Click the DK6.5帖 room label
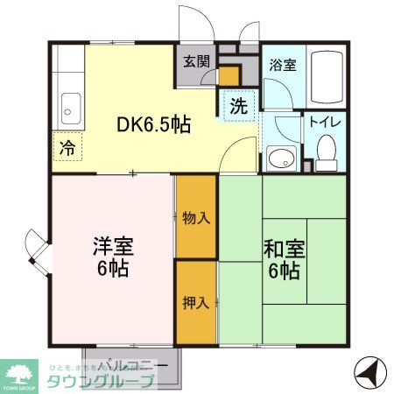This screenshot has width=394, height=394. click(x=155, y=124)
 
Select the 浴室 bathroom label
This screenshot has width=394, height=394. click(x=281, y=64)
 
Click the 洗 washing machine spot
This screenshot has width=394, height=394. click(x=239, y=107)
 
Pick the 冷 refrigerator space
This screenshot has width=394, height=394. click(x=67, y=147)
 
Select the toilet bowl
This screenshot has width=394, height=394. click(x=327, y=155)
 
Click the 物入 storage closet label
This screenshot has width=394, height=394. click(x=196, y=216)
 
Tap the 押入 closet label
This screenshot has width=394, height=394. click(x=196, y=303)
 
